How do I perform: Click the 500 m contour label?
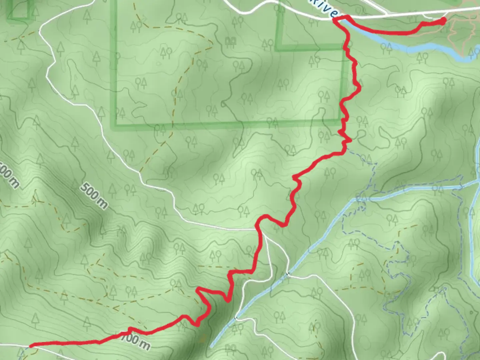(x=94, y=196)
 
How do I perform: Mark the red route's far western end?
(x=31, y=346)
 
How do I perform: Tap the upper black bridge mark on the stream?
(x=287, y=274)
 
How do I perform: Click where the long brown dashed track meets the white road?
(x=140, y=172)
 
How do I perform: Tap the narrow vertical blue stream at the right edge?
(x=473, y=240)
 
